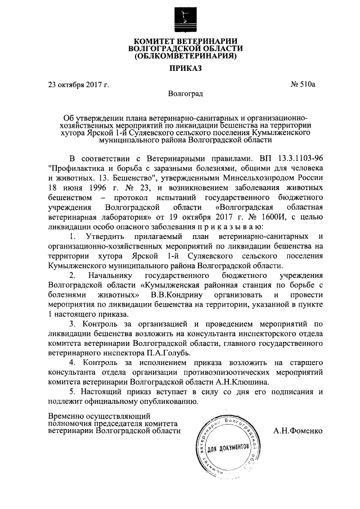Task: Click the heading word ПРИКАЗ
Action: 181,69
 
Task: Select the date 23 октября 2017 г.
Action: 78,85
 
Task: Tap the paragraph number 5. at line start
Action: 71,391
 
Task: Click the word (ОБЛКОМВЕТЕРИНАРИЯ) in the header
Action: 181,56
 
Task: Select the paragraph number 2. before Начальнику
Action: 71,274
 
